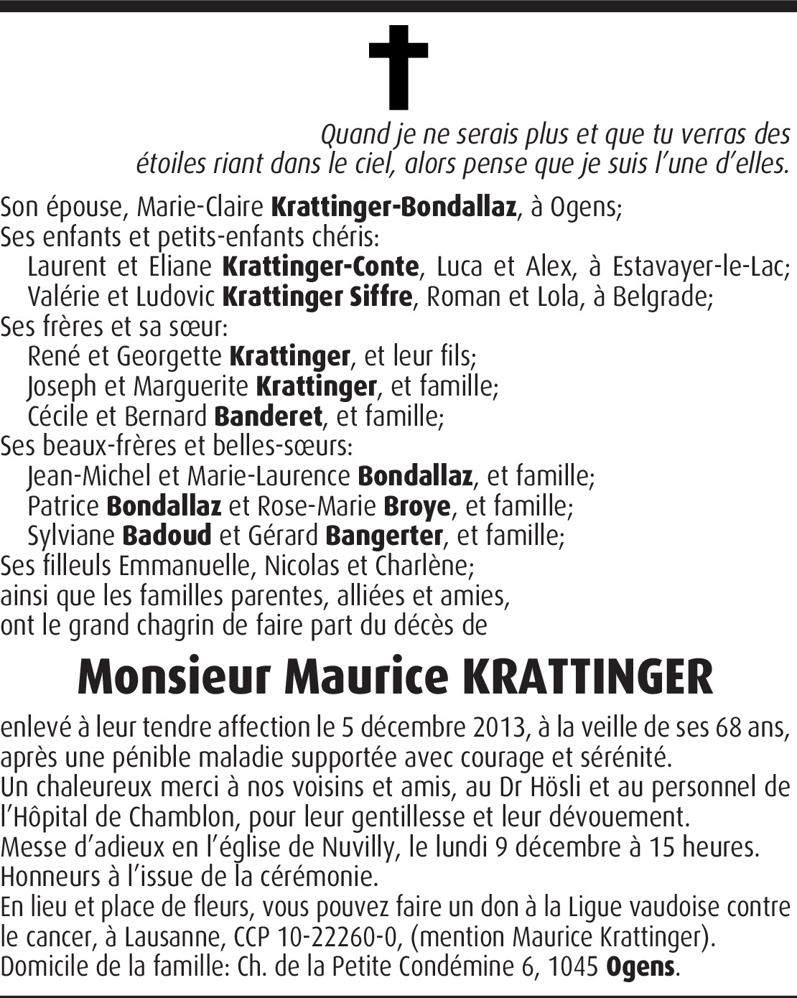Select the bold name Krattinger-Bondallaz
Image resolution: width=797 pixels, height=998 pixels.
(393, 207)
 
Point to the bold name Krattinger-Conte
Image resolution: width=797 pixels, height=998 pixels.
(320, 267)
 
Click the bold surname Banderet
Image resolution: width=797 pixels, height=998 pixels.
(269, 416)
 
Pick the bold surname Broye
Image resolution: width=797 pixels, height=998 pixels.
(417, 507)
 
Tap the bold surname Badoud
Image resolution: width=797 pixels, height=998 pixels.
(167, 536)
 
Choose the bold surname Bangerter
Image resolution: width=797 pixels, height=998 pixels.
(384, 536)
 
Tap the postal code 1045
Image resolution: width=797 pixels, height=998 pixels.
(573, 967)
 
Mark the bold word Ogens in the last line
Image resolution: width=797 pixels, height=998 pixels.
(640, 967)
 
